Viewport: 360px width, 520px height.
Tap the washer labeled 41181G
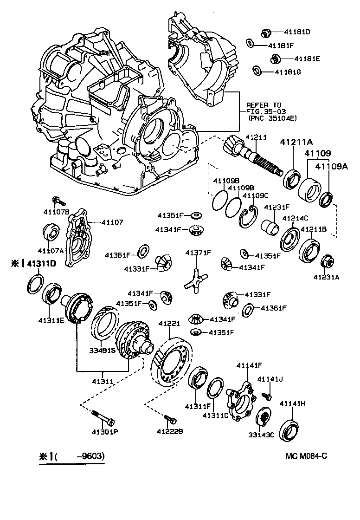[257, 71]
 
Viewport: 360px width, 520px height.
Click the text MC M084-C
[307, 456]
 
